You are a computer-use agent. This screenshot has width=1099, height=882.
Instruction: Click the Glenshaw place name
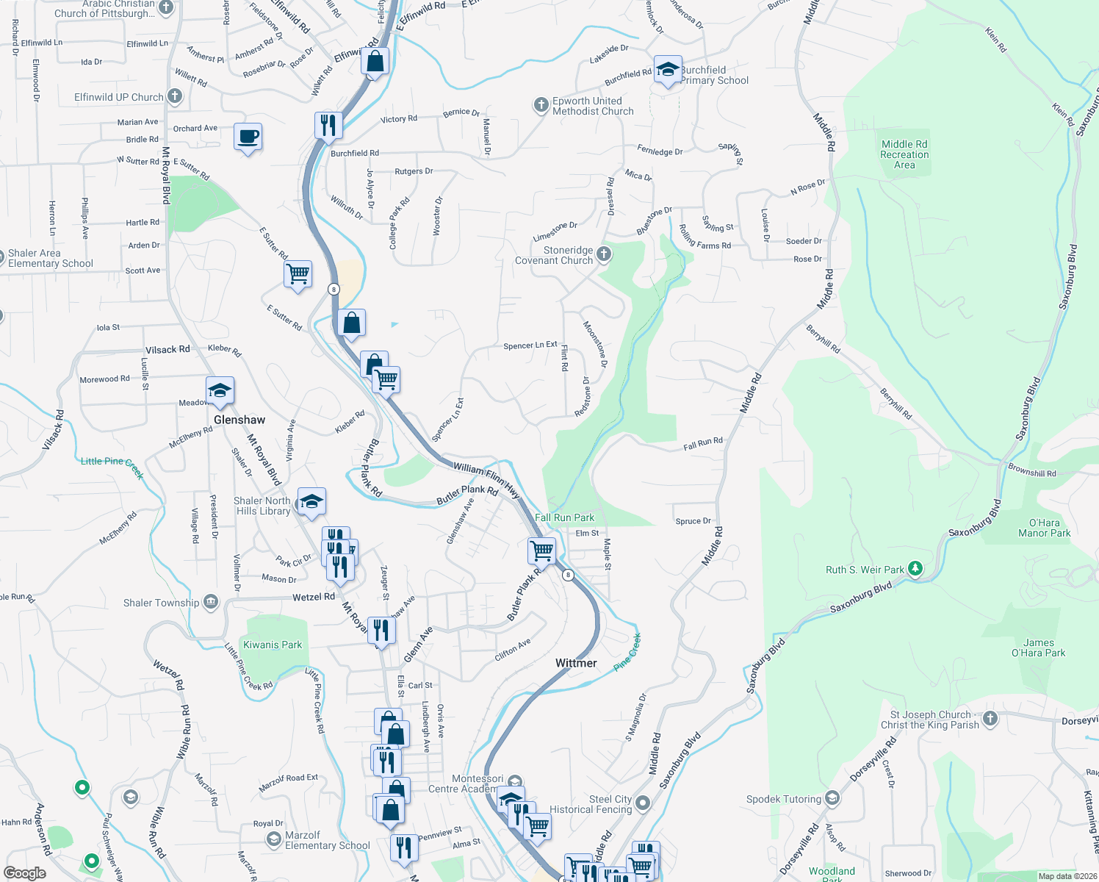point(239,420)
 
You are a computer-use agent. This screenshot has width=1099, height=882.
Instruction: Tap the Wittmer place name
point(576,663)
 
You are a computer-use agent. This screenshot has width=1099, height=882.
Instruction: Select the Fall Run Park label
point(564,517)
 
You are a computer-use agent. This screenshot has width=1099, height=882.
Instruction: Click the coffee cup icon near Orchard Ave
point(248,137)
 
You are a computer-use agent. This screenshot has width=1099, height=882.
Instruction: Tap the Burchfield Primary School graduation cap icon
point(667,70)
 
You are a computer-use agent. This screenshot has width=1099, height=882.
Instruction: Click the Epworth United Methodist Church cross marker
point(541,105)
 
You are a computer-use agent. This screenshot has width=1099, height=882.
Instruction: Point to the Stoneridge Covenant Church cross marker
point(604,254)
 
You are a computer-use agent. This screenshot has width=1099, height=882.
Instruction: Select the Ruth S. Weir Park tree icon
point(915,568)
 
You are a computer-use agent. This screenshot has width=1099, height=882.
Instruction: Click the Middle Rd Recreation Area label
point(904,154)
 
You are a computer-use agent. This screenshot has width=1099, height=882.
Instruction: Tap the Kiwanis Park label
point(273,645)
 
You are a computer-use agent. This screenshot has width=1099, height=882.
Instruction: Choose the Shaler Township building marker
point(210,603)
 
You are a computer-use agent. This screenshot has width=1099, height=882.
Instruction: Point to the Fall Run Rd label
point(703,443)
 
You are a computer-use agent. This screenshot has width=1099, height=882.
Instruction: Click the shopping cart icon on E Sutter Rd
point(298,274)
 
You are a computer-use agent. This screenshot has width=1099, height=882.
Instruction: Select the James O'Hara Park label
point(1038,648)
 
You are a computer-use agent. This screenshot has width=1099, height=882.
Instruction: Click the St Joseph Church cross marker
point(990,719)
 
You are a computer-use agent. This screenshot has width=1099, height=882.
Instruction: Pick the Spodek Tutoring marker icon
point(832,798)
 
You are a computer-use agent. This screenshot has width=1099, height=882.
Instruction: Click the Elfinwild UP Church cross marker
point(174,96)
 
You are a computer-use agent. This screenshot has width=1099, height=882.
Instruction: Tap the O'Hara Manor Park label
point(1044,528)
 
